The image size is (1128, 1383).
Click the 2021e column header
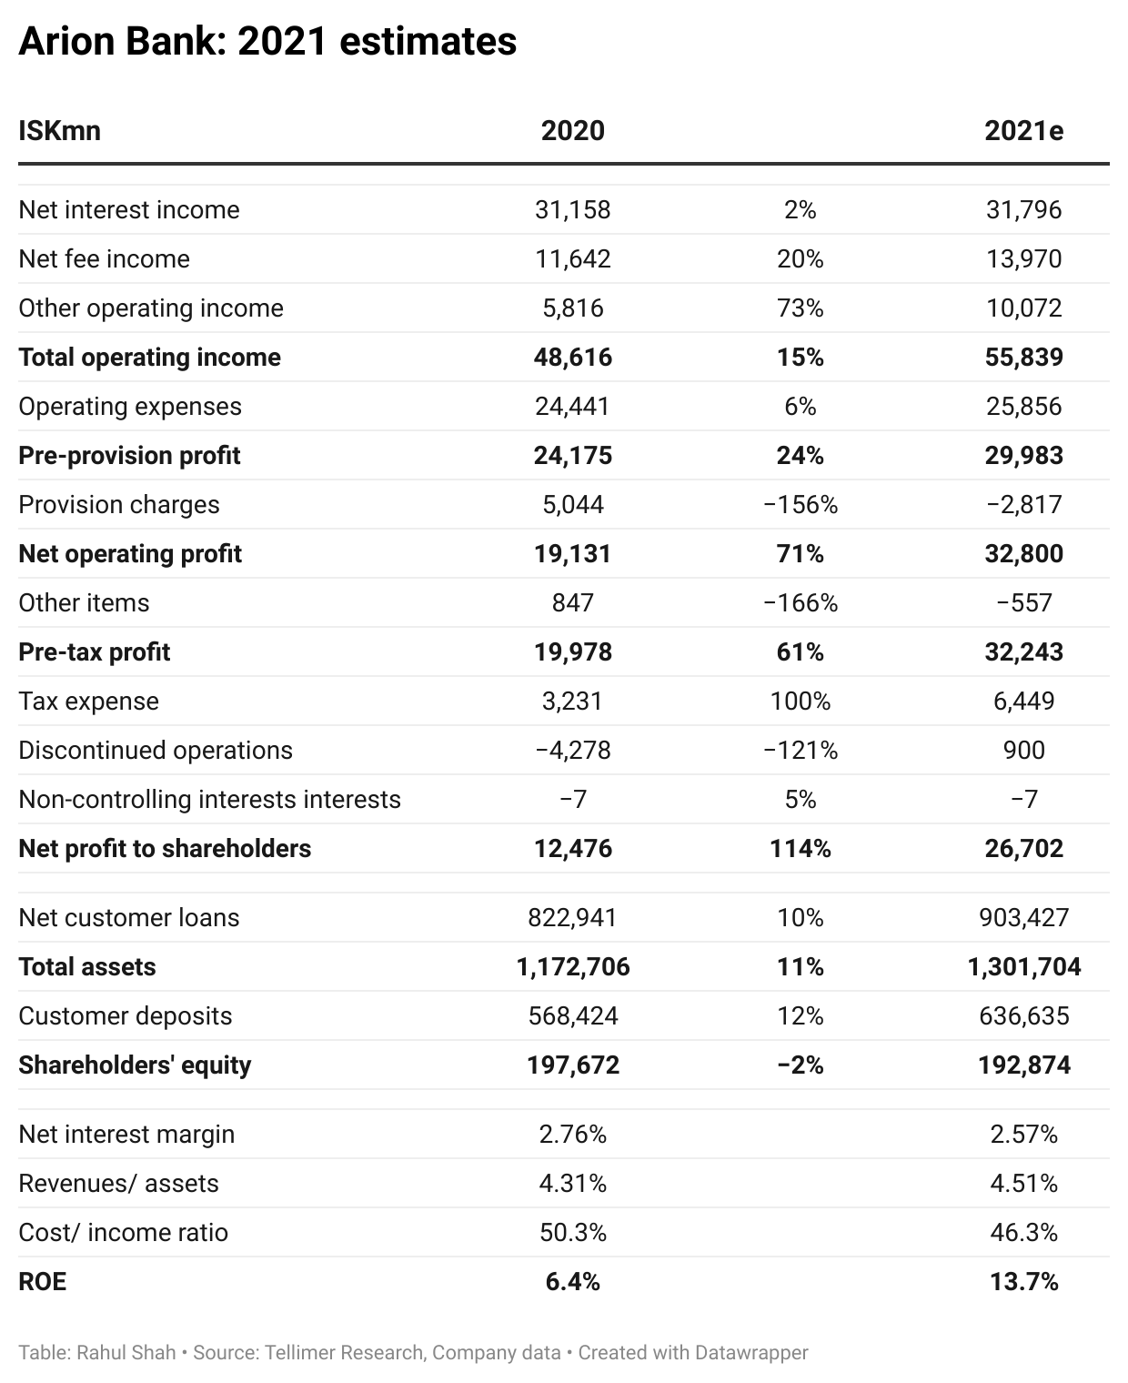1023,131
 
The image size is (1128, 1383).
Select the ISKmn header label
59,131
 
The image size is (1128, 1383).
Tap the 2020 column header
572,131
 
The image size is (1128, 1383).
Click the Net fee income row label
104,259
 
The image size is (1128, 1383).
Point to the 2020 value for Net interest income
572,210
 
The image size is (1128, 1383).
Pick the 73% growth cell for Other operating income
800,308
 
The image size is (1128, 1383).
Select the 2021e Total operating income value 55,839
1023,358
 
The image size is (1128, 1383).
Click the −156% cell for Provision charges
800,505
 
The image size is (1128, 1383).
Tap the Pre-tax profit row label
95,652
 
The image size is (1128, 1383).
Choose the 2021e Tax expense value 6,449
1023,702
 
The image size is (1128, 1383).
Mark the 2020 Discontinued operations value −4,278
572,751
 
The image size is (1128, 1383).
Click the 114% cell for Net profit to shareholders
800,849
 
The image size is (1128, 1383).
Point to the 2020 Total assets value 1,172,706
572,967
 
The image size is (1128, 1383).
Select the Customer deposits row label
125,1016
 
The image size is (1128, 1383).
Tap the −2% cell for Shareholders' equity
800,1065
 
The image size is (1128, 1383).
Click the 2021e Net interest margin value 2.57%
1023,1135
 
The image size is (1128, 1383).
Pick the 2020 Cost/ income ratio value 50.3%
572,1233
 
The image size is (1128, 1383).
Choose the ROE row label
42,1282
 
